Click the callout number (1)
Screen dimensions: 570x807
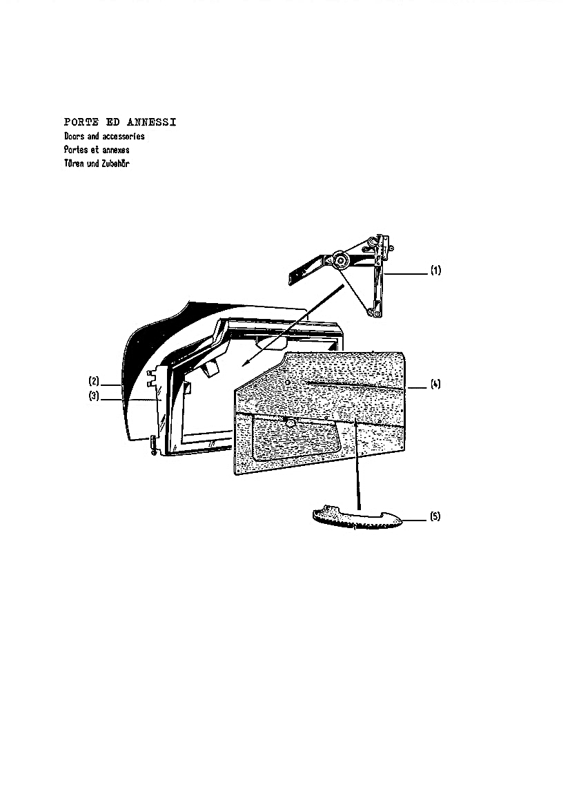(435, 270)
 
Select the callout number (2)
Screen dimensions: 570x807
(94, 382)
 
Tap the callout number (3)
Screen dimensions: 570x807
(94, 396)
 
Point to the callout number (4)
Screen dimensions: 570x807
(435, 384)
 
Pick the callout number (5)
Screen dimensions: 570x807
(435, 516)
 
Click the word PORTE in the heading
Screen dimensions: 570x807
(81, 122)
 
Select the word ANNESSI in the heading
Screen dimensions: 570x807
(152, 122)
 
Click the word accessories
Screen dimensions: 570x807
(124, 137)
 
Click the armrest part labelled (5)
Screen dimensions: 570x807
(358, 518)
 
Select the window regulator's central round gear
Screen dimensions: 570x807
(340, 261)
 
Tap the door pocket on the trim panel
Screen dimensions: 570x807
(296, 438)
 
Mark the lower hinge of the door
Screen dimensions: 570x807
(153, 445)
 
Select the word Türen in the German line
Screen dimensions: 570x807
(74, 163)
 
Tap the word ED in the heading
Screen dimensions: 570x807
(112, 122)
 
